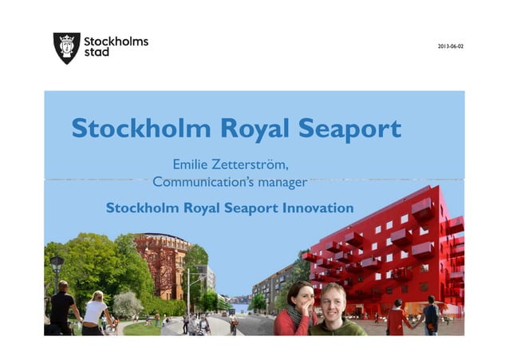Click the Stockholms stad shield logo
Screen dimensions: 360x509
point(66,48)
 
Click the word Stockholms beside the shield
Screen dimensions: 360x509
point(116,42)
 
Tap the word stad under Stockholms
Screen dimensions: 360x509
point(97,53)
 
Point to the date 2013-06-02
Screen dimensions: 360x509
point(450,45)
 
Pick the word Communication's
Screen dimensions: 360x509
point(203,183)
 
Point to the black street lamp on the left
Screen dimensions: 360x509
point(56,267)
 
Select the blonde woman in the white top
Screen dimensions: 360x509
point(94,311)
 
